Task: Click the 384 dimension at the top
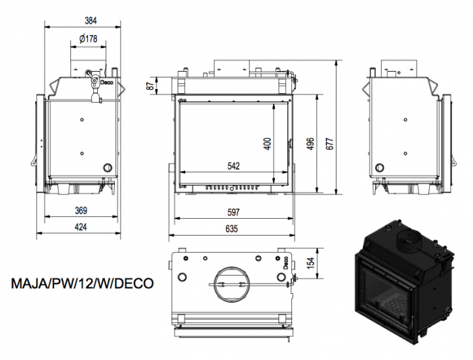tap(91, 20)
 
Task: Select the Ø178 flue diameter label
tap(89, 38)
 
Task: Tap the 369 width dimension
tap(81, 210)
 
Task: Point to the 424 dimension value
tap(81, 227)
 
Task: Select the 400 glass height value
tap(268, 144)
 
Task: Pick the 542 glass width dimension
tap(234, 166)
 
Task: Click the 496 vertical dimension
tap(310, 143)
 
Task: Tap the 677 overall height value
tap(330, 143)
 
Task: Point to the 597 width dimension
tap(234, 212)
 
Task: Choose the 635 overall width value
tap(232, 228)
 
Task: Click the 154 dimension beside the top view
tap(310, 263)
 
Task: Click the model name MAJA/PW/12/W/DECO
tap(82, 284)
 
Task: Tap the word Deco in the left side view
tap(107, 82)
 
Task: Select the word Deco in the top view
tap(285, 263)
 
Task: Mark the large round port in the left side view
tap(107, 168)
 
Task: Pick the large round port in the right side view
tap(380, 168)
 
